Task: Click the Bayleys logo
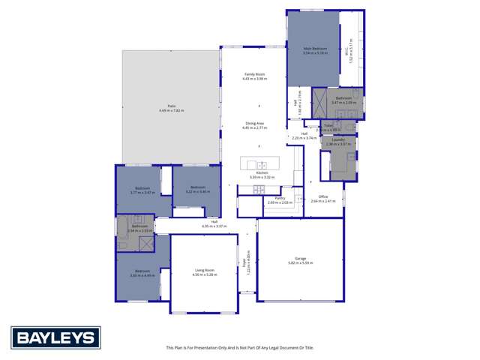(x=55, y=338)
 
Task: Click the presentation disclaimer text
(x=240, y=347)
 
